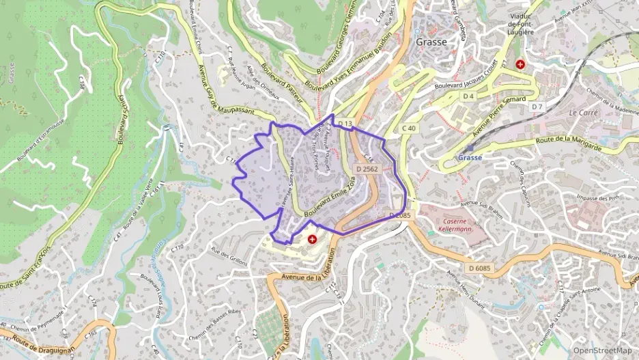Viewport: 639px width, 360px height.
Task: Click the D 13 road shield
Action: [347, 124]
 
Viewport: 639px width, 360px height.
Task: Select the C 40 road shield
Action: [409, 128]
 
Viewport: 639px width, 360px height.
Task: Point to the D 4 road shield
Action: [468, 96]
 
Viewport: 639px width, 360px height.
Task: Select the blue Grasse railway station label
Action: [470, 157]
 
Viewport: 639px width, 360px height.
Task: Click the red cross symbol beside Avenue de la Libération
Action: [313, 239]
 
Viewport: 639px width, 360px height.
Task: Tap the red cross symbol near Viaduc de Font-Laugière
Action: [520, 64]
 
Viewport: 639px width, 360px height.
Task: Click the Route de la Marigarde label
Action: [569, 144]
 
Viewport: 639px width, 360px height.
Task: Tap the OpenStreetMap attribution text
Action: [602, 351]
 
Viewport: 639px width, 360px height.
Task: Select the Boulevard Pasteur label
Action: [284, 90]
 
